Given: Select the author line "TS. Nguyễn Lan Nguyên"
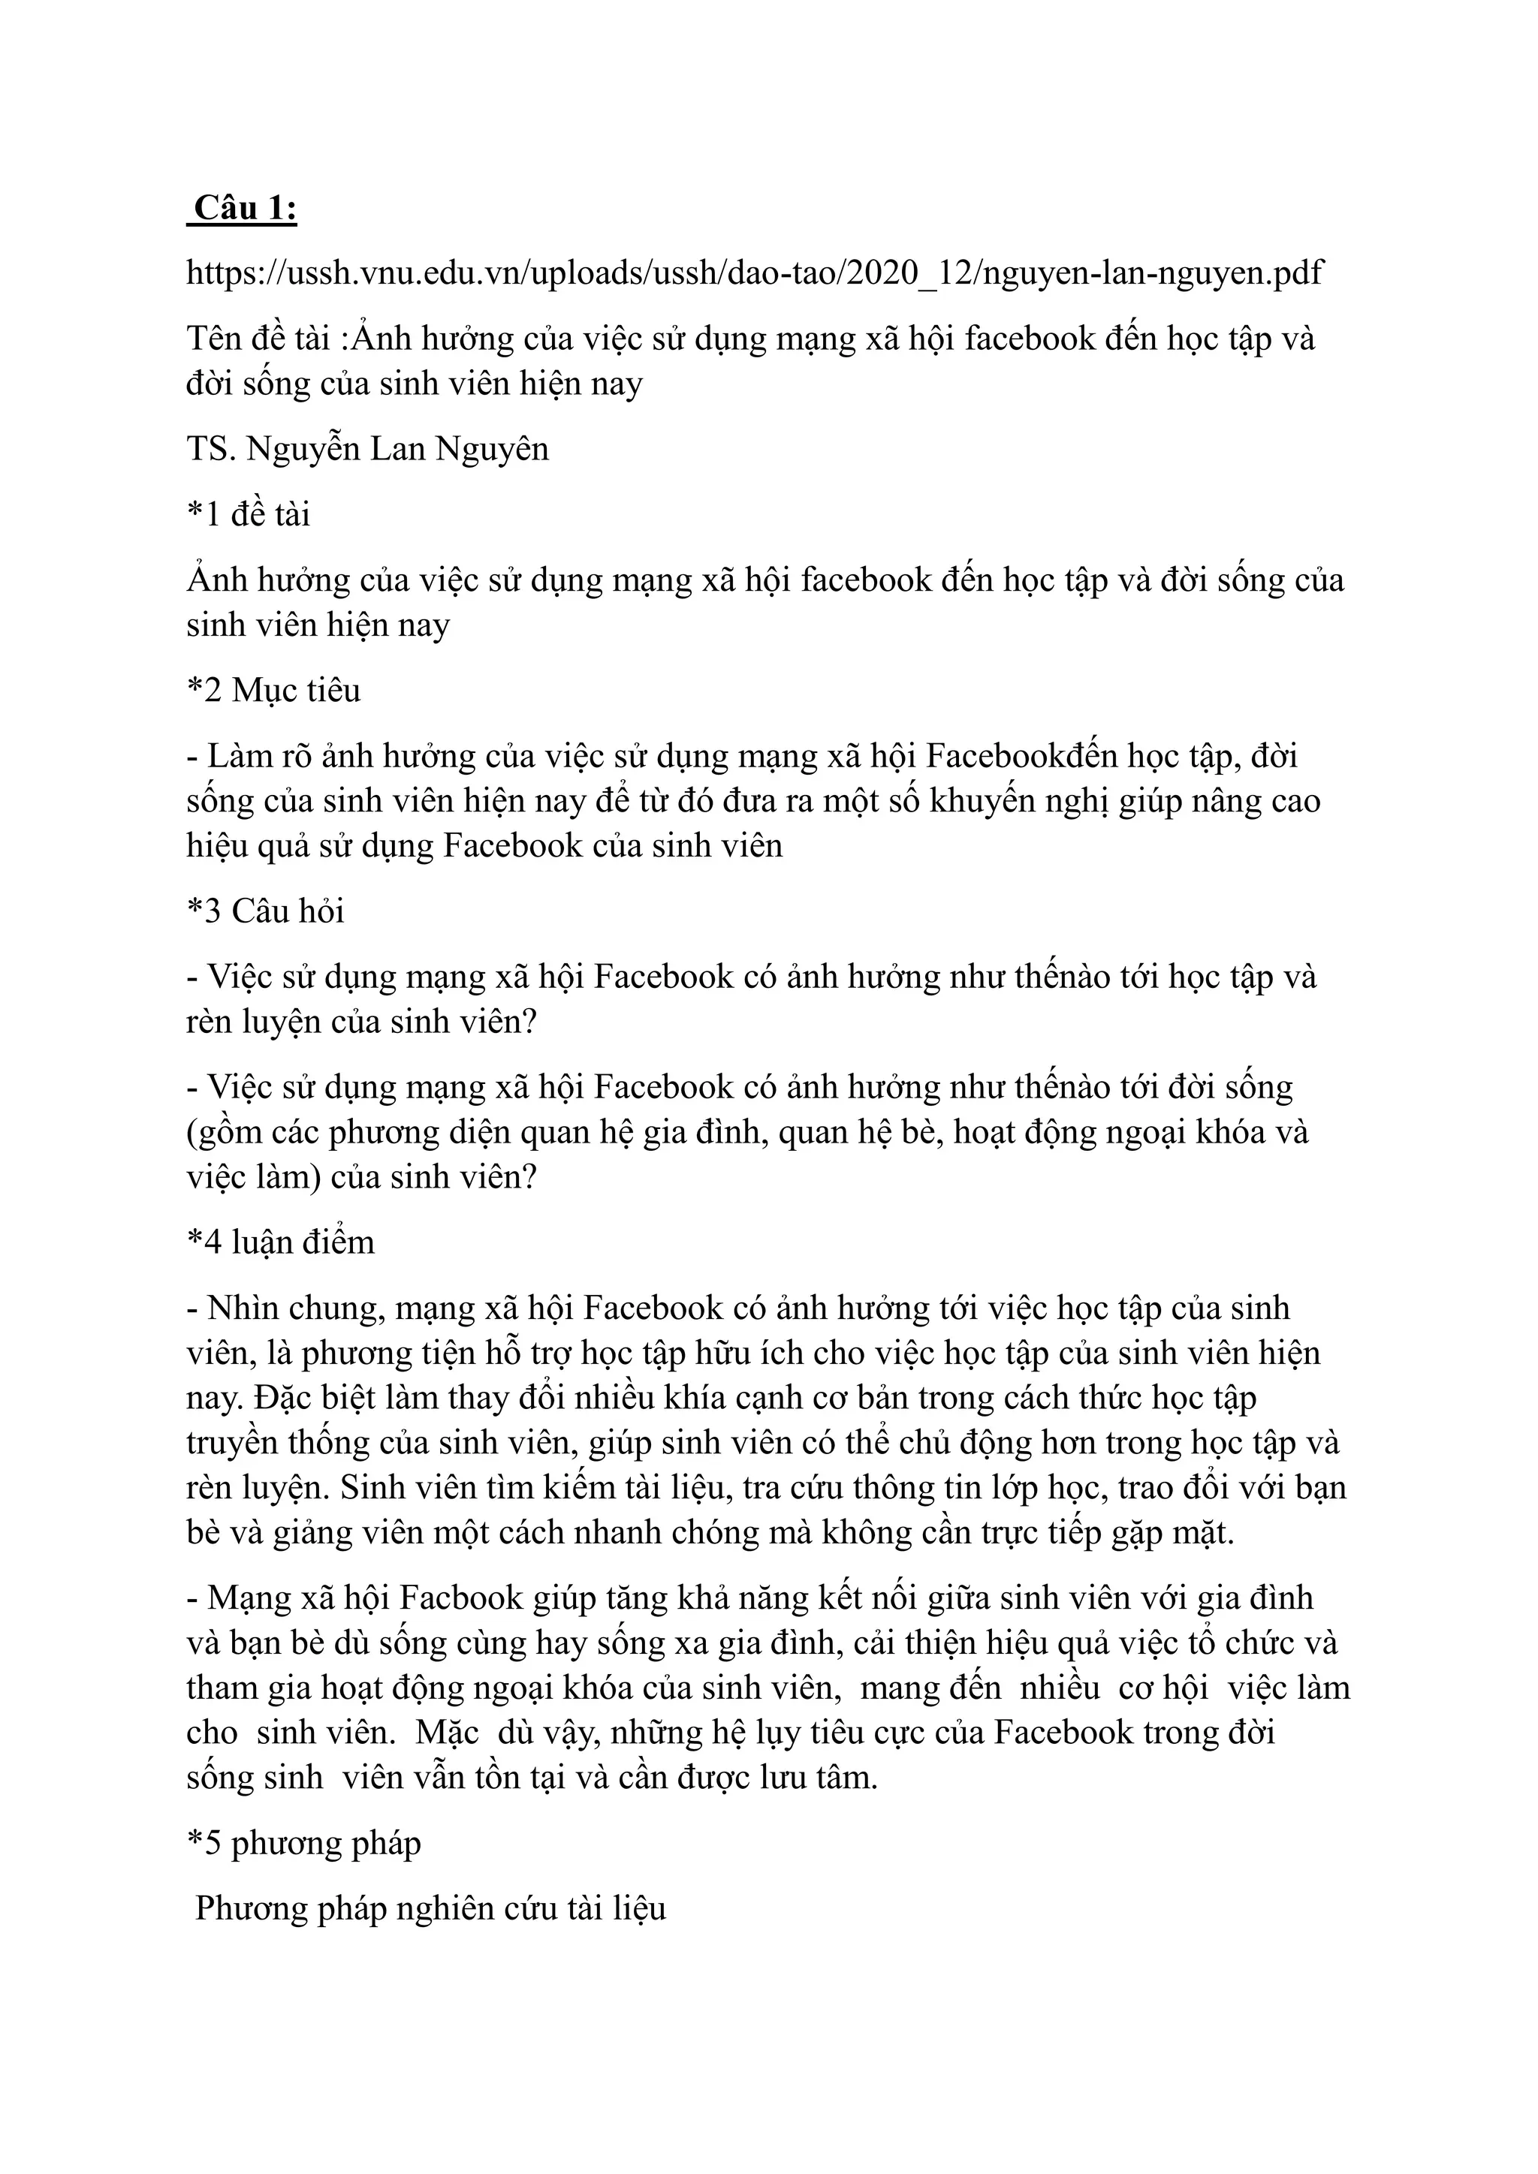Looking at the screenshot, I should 367,449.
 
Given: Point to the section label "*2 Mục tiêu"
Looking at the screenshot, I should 273,691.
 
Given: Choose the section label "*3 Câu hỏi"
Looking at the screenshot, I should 265,911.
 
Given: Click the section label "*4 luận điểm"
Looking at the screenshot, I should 280,1242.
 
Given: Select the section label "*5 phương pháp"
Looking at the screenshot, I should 303,1843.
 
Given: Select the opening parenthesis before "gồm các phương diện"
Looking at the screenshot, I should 192,1134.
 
